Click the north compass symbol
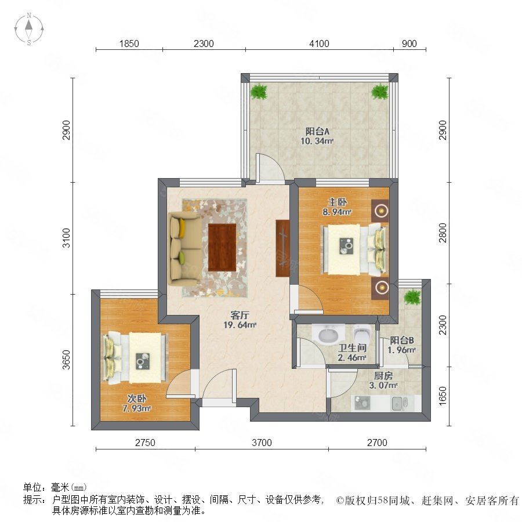pyautogui.click(x=29, y=29)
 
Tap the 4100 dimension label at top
pyautogui.click(x=319, y=43)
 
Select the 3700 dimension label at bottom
pyautogui.click(x=262, y=443)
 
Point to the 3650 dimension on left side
pyautogui.click(x=67, y=360)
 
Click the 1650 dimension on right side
pyautogui.click(x=443, y=396)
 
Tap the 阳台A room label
pyautogui.click(x=317, y=132)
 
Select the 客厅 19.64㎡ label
pyautogui.click(x=240, y=320)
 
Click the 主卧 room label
pyautogui.click(x=337, y=202)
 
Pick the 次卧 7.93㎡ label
pyautogui.click(x=136, y=404)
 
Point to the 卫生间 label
pyautogui.click(x=352, y=348)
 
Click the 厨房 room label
pyautogui.click(x=383, y=376)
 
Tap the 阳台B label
pyautogui.click(x=402, y=340)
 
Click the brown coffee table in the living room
pyautogui.click(x=222, y=247)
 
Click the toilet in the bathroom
pyautogui.click(x=362, y=334)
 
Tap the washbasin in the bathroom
pyautogui.click(x=328, y=333)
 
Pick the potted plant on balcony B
pyautogui.click(x=412, y=296)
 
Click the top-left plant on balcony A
pyautogui.click(x=259, y=91)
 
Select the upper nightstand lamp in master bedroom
pyautogui.click(x=380, y=211)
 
